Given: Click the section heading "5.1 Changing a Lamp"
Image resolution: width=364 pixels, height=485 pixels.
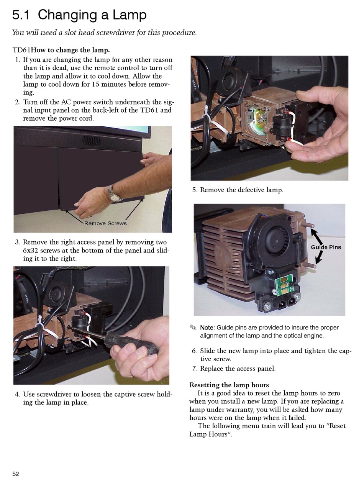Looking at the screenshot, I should (79, 15).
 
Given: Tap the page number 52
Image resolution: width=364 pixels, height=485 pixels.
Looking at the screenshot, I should (16, 474).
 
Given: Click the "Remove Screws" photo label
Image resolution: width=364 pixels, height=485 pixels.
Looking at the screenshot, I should (105, 223).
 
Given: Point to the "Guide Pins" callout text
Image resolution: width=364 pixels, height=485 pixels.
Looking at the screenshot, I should (326, 247).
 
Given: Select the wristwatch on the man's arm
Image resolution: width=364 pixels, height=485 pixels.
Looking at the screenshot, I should (114, 194).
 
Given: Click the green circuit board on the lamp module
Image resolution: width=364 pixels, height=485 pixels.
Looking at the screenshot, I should (282, 284).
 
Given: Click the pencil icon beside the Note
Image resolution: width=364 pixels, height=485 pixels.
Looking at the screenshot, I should (193, 327).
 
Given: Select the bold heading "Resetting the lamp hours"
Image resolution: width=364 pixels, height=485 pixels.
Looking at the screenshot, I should (229, 385).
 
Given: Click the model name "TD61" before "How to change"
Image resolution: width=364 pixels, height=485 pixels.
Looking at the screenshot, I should (21, 50).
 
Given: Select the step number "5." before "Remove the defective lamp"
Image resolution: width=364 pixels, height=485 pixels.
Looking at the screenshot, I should (195, 190).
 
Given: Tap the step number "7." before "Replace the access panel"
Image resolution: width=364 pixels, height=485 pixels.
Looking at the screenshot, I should (195, 369).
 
